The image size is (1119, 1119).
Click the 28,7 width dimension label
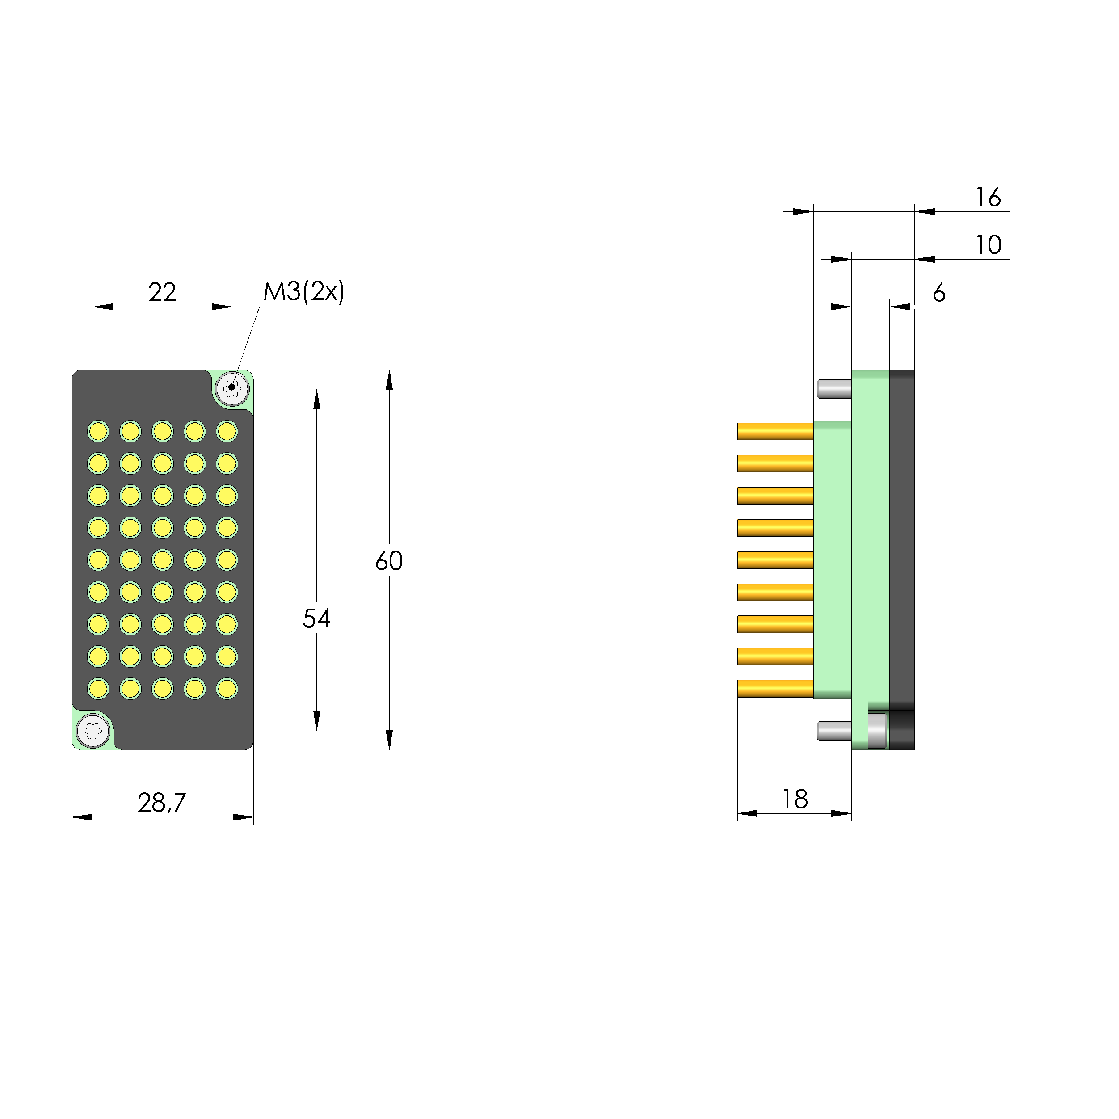[162, 803]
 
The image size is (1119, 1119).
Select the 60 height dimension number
[389, 561]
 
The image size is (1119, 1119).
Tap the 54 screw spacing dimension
[316, 618]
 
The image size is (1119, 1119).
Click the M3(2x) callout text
[303, 291]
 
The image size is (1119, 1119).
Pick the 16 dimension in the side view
[988, 198]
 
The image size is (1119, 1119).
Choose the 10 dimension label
[988, 245]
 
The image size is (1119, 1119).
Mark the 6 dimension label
[939, 293]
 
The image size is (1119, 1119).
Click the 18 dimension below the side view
[795, 799]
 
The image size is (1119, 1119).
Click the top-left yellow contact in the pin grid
[98, 432]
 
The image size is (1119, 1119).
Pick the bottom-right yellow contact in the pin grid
[227, 689]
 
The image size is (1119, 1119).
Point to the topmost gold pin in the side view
[775, 432]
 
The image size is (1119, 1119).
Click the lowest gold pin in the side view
[775, 688]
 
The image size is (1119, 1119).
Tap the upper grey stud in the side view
[834, 389]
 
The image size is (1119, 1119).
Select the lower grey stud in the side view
[834, 731]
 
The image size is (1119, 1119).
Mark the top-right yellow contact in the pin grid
[227, 432]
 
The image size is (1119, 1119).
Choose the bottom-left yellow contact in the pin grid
[98, 689]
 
